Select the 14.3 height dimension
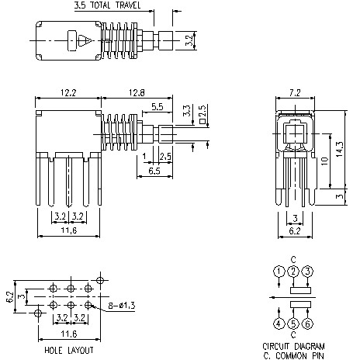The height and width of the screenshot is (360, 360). click(339, 147)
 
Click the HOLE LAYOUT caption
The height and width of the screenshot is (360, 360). click(69, 350)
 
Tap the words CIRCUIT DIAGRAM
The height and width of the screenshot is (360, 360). click(293, 345)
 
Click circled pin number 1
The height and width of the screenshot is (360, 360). click(279, 271)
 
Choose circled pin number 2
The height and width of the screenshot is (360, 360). click(293, 271)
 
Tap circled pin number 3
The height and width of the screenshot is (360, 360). click(308, 271)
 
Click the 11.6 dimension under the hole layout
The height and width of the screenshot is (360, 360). click(68, 333)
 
